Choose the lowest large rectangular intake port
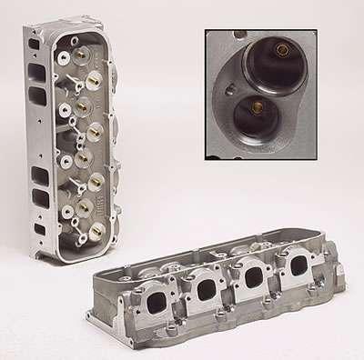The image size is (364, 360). pos(40,195)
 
